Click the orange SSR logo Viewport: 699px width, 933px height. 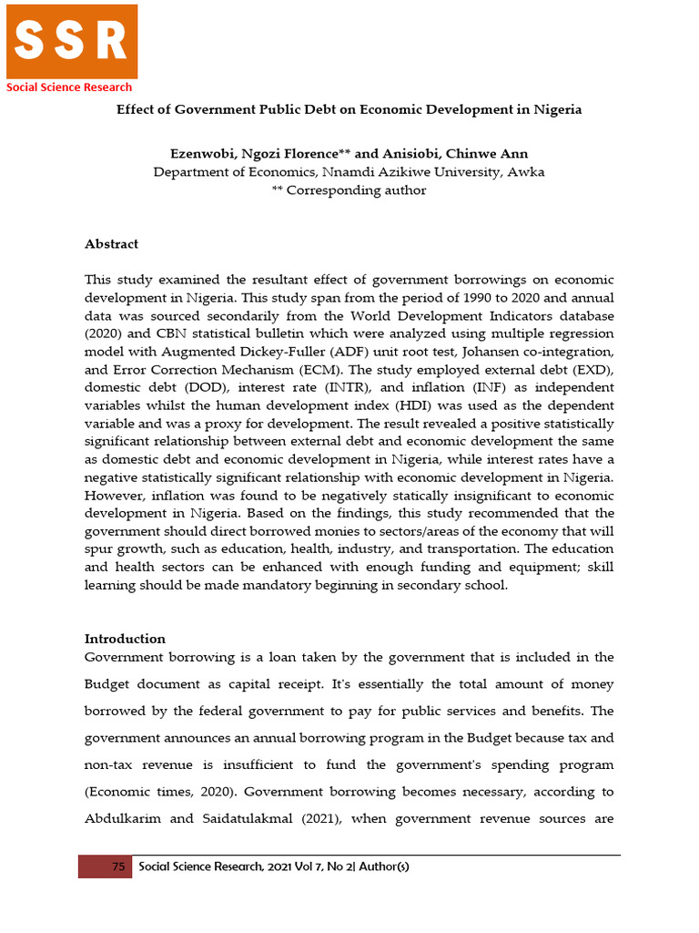pos(72,41)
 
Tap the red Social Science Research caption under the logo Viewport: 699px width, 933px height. pos(69,87)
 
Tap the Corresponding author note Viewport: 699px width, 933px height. pos(349,190)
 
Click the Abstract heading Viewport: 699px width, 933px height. pos(111,244)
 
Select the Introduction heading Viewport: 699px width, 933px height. pos(125,639)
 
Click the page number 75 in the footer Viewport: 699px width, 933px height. pos(118,867)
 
